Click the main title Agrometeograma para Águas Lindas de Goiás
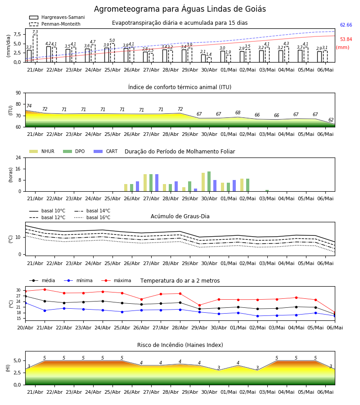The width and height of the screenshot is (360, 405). click(180, 9)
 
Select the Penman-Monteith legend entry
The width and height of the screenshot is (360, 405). click(55, 24)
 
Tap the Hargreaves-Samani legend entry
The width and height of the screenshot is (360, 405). click(57, 17)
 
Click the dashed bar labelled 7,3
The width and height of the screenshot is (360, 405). click(35, 48)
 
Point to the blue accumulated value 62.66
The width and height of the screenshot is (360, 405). click(346, 25)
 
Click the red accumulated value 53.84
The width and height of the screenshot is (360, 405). click(346, 40)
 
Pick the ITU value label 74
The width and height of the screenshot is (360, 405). click(29, 106)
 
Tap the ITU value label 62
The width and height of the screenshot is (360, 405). click(331, 120)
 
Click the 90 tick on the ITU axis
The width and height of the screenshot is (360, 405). click(18, 93)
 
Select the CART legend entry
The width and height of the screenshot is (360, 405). click(106, 151)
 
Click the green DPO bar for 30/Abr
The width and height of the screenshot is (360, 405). click(209, 181)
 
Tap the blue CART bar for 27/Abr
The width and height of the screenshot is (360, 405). click(157, 183)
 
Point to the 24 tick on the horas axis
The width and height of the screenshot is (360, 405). click(18, 157)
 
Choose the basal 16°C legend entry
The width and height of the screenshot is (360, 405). click(92, 217)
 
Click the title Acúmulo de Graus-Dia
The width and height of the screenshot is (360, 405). click(180, 216)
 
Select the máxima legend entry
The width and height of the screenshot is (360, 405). click(117, 280)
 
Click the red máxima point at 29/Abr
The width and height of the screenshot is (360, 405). click(199, 305)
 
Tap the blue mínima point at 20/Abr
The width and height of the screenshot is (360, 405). click(25, 303)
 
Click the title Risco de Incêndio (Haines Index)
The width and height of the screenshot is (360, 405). click(180, 345)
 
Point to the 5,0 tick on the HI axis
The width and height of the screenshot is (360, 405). click(18, 360)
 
